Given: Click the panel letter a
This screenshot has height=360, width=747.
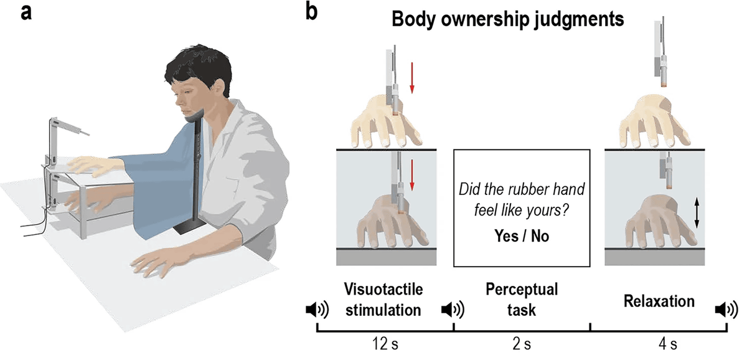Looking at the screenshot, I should pos(26,13).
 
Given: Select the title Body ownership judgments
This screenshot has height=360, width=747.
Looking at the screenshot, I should pos(507,20).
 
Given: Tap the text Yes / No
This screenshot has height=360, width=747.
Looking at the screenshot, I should pos(521,237).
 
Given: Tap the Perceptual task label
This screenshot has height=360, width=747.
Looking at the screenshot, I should pos(522,299).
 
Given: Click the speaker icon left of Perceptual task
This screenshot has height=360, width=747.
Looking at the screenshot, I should pos(451,309).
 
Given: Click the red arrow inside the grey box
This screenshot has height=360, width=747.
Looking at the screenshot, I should pos(412,174).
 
